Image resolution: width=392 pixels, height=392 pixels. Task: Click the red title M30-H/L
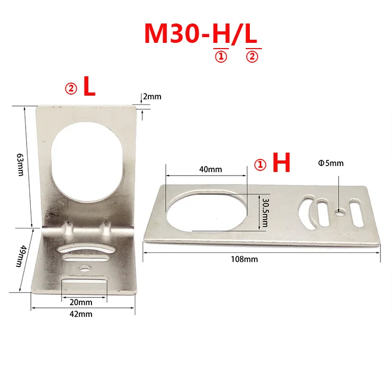(201, 34)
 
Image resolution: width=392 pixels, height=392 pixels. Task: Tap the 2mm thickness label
(152, 97)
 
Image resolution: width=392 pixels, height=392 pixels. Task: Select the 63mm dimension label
(20, 165)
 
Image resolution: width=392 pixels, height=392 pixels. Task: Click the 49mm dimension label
(20, 256)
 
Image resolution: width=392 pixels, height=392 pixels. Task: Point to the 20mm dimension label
(80, 302)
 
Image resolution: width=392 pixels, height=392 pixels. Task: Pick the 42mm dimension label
(80, 314)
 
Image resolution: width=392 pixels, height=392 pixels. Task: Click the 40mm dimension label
(211, 169)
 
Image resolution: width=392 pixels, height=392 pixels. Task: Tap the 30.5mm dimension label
(265, 213)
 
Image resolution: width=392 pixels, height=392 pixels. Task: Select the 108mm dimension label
(244, 259)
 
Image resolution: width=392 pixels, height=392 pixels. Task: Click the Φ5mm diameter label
(331, 163)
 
